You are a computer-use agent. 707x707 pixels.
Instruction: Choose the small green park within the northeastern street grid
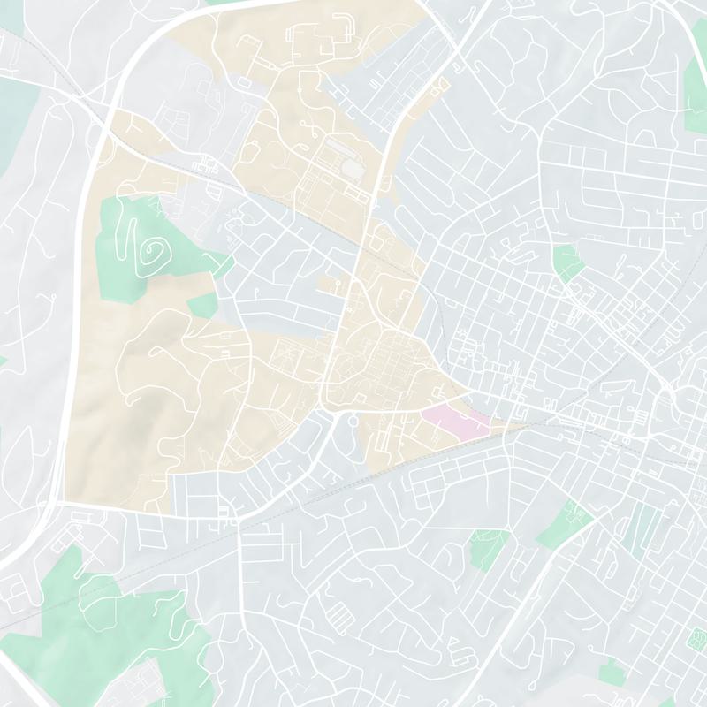[566, 262]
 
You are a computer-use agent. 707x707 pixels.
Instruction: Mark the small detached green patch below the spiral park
[202, 306]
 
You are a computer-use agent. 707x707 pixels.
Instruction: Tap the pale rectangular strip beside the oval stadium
[338, 141]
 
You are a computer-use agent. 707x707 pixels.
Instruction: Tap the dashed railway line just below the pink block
[442, 447]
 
